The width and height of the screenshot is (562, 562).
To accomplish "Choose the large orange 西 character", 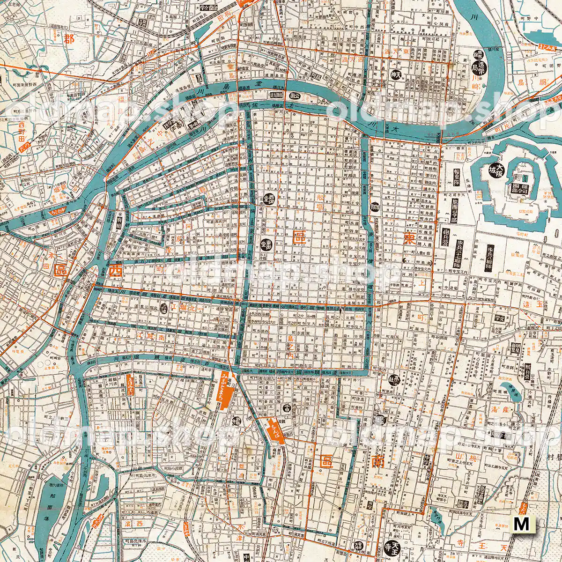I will [114, 271].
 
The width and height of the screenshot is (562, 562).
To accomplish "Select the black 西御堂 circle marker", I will [269, 199].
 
